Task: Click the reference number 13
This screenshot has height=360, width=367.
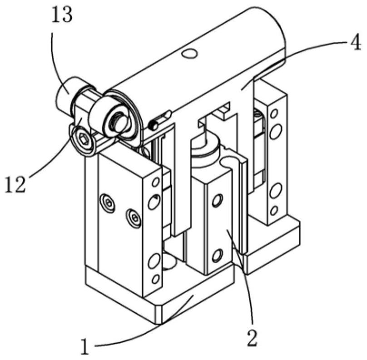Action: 62,15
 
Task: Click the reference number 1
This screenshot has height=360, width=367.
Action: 85,344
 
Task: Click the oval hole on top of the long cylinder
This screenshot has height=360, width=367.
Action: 189,53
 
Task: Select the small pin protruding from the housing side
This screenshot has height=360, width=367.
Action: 154,125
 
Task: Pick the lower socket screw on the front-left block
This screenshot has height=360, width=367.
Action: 134,218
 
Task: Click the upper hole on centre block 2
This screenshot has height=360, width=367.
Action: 217,201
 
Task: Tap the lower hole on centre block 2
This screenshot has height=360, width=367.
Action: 217,256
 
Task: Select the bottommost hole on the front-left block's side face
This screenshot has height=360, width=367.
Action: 155,279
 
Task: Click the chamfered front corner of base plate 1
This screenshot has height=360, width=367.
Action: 159,313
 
